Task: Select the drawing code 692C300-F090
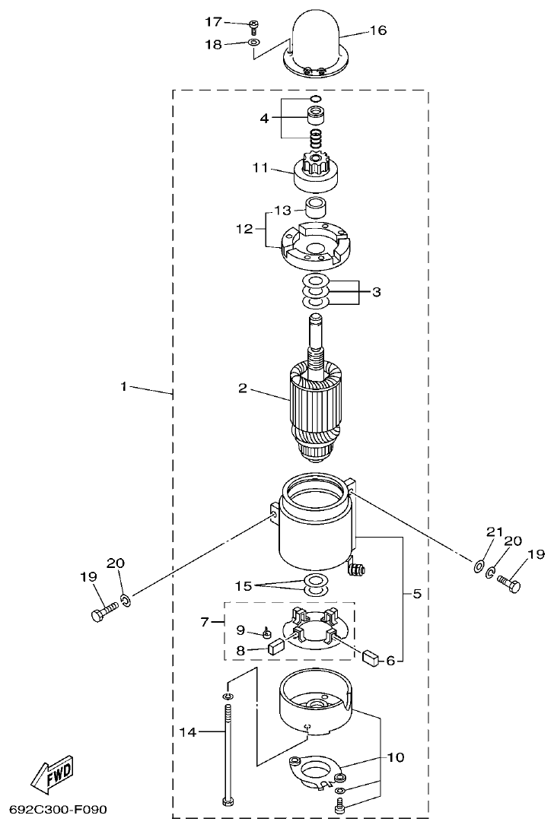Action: point(59,809)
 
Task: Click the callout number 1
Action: point(123,386)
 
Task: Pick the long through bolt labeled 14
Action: point(228,753)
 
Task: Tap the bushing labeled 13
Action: point(315,208)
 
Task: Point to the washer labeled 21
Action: point(478,566)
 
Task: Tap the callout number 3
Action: point(376,292)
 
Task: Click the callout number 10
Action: point(395,757)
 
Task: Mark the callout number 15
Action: point(242,586)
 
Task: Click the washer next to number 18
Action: point(253,44)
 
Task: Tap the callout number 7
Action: point(204,623)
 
